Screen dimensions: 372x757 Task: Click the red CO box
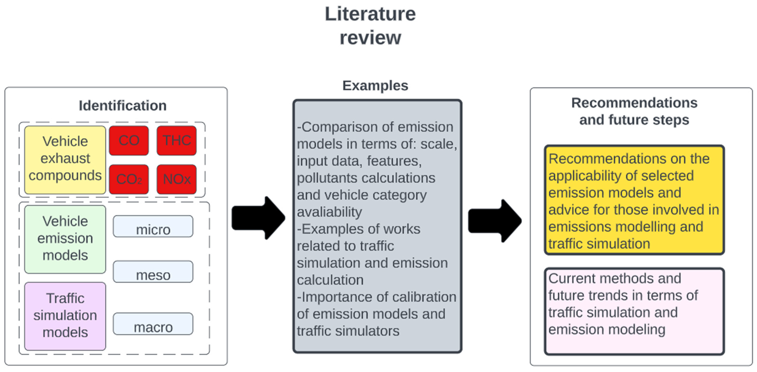coord(129,140)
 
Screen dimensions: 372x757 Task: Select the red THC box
coord(176,140)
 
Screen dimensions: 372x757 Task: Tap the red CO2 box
coord(129,179)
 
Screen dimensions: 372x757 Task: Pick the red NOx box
coord(176,179)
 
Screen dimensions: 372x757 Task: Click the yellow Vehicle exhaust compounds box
coord(65,160)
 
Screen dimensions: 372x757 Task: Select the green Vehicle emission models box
coord(65,239)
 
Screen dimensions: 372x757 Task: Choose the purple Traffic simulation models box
coord(65,316)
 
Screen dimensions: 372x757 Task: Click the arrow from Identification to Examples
coord(259,218)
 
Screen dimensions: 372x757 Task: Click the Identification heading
coord(122,106)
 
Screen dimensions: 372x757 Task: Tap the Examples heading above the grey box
coord(375,86)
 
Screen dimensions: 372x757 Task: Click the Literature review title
coord(370,26)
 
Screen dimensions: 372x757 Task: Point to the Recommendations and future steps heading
coord(634,111)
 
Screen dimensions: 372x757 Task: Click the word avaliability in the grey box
coord(329,212)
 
